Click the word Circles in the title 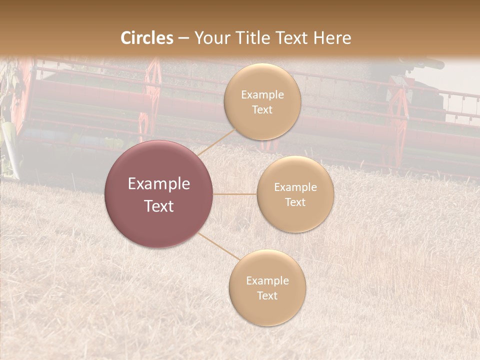[x=147, y=38]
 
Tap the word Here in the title [x=332, y=38]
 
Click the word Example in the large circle [x=158, y=184]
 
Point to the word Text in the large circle [x=158, y=206]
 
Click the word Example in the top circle [x=262, y=95]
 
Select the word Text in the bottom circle [x=267, y=295]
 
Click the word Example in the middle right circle [x=295, y=187]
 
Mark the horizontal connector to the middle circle [x=235, y=194]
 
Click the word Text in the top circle [x=262, y=110]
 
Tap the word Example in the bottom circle [x=267, y=281]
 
